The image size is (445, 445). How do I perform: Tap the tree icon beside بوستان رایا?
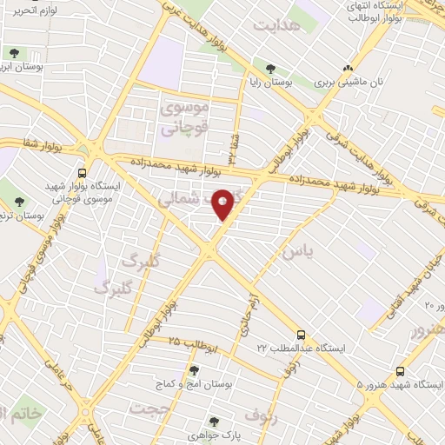(272, 67)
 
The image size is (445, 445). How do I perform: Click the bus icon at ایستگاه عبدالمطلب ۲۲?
(301, 334)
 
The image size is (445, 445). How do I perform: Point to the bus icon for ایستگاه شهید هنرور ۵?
(400, 369)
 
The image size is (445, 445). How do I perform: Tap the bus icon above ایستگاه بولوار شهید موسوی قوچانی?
(82, 172)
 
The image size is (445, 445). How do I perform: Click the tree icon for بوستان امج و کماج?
(194, 370)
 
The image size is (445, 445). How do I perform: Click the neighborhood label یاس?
(293, 252)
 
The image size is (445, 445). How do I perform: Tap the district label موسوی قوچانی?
(183, 118)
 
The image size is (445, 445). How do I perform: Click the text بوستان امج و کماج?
(194, 384)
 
